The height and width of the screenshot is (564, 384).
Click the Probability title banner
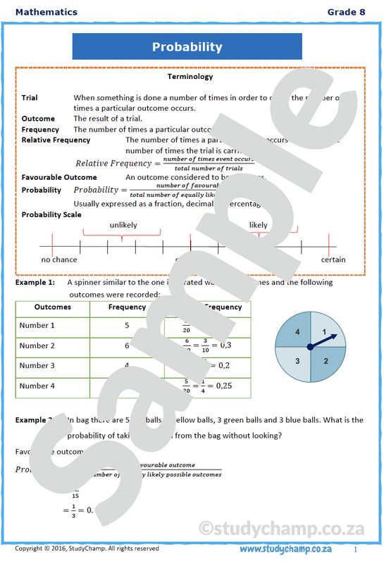pos(187,47)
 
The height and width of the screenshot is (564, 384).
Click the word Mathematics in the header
pos(46,12)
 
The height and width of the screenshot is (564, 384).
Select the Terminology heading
pos(190,76)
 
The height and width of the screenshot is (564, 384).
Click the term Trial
pos(30,98)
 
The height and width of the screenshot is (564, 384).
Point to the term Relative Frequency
pos(56,140)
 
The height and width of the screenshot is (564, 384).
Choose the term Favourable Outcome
pos(59,177)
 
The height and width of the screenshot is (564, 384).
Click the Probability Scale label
pos(51,214)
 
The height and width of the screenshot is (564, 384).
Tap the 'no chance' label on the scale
pos(59,259)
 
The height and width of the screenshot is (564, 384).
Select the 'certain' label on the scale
pos(333,259)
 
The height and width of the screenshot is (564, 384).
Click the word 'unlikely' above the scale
pos(123,225)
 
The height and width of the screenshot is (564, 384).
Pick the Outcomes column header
pos(52,307)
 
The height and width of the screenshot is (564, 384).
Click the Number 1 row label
pos(37,326)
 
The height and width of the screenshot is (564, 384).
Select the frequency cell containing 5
pos(127,326)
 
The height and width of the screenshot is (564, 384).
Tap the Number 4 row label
pos(37,386)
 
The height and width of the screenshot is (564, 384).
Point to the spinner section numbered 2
pos(326,361)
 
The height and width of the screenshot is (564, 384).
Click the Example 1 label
pos(35,282)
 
